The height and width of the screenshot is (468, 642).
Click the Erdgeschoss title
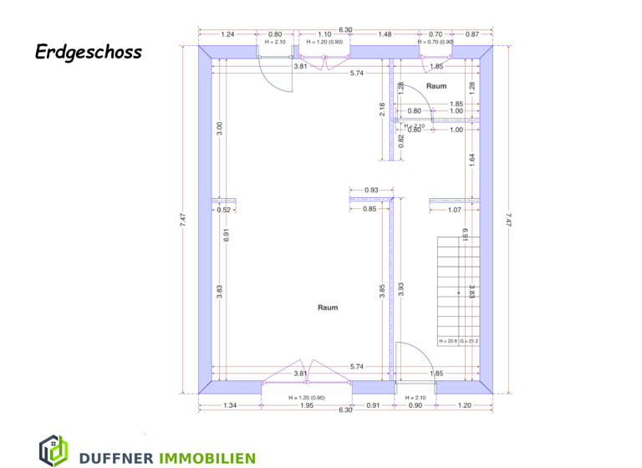(89, 52)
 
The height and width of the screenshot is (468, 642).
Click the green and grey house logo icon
(53, 450)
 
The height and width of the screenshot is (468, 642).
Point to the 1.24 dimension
(227, 34)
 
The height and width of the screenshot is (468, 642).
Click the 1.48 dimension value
(384, 34)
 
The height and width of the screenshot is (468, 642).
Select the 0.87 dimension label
(472, 34)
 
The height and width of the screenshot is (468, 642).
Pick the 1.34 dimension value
(230, 406)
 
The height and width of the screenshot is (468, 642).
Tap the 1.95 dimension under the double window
(306, 406)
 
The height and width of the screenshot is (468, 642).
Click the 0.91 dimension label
(373, 406)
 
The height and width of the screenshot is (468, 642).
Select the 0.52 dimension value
(224, 210)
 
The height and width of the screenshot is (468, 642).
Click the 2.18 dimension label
(382, 109)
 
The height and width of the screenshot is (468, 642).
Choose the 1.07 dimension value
(455, 210)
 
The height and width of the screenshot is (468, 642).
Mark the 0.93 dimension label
(371, 191)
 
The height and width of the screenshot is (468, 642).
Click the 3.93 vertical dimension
(401, 290)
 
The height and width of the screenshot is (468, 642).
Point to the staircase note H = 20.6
(448, 341)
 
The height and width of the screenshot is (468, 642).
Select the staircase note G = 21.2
(468, 341)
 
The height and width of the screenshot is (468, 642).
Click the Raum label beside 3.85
(328, 308)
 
